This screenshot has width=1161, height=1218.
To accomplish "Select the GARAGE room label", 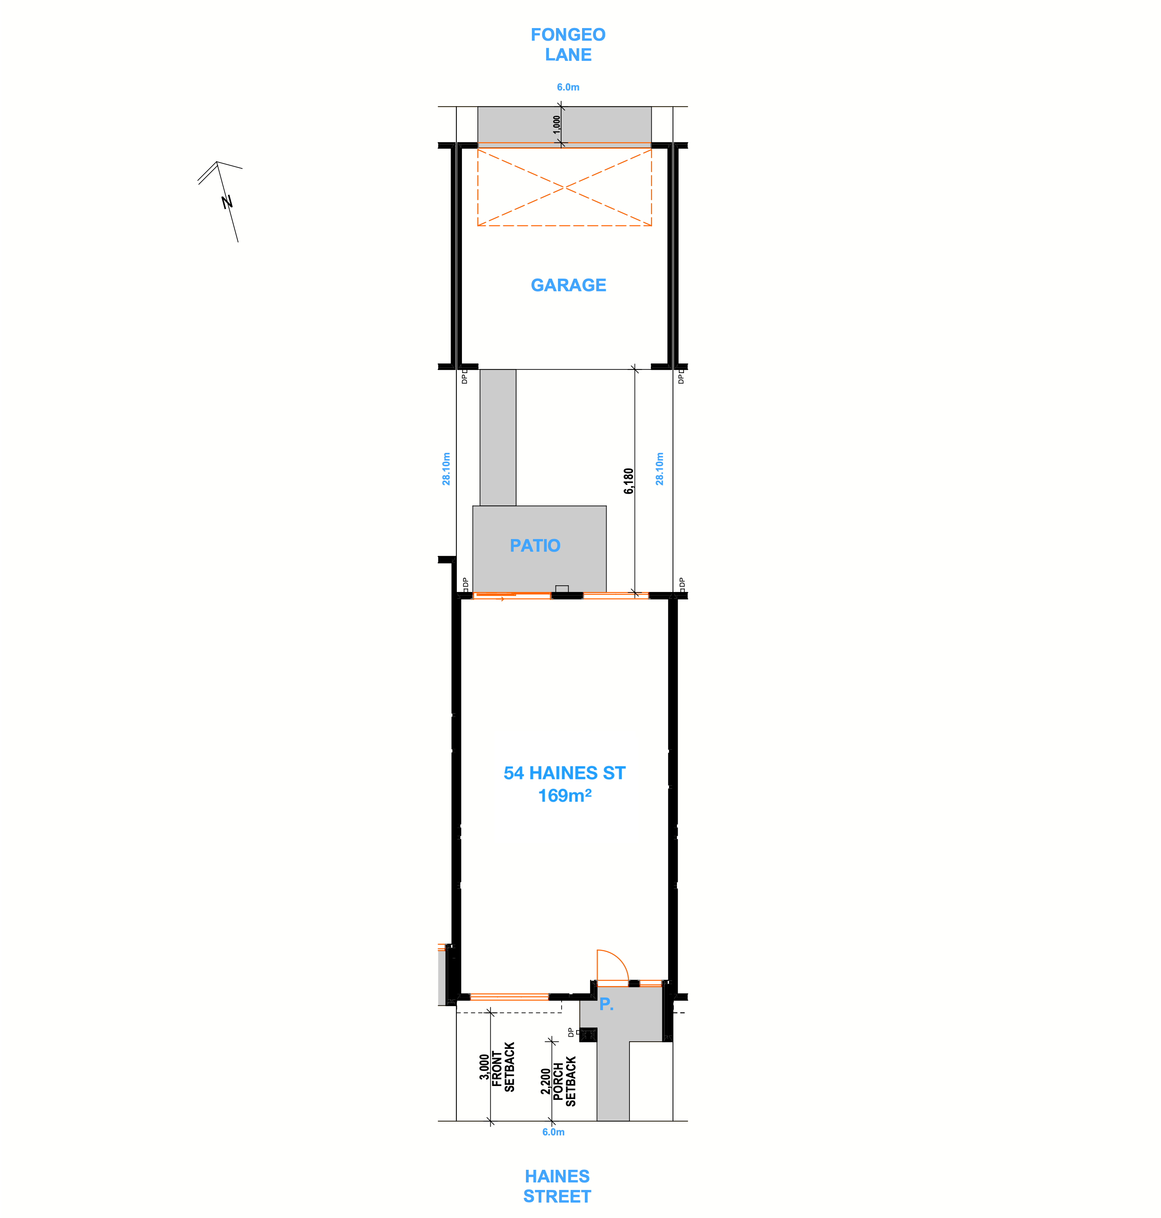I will [x=568, y=285].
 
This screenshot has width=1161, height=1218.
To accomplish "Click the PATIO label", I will [x=535, y=545].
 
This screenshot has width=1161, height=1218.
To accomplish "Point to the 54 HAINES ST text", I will [x=564, y=773].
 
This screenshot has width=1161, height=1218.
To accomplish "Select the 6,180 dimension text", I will [x=628, y=481].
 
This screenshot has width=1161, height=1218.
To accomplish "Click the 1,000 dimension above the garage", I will [x=556, y=124].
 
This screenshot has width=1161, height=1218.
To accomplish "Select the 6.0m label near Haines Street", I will [x=553, y=1132].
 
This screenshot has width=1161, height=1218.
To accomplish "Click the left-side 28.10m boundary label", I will [x=446, y=469].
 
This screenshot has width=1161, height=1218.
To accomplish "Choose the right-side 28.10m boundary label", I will [x=660, y=469].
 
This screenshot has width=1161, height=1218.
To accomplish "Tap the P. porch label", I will [x=606, y=1005].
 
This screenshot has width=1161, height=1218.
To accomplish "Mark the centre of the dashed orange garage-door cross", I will [x=564, y=187].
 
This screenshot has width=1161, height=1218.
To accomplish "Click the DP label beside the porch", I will [x=571, y=1032].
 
